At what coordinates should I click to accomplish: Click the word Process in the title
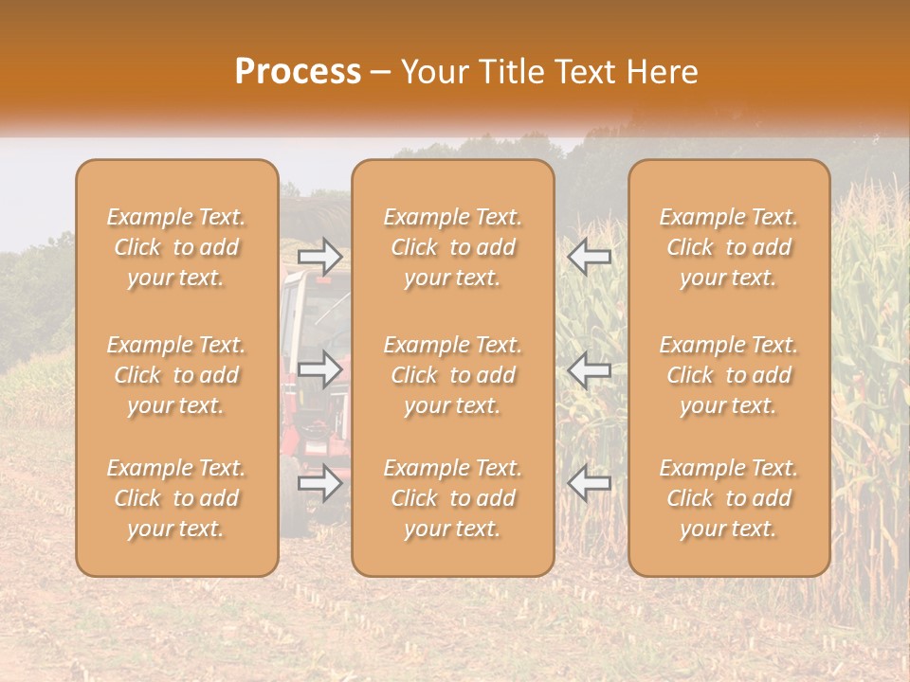click(x=298, y=72)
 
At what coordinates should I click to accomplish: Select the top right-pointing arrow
click(x=319, y=256)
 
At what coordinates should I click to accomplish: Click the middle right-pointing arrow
click(x=319, y=369)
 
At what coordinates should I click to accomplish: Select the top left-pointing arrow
click(x=590, y=256)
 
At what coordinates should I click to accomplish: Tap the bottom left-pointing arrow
click(x=590, y=483)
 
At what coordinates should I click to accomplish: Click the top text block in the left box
click(x=176, y=247)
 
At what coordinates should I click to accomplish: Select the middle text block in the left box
click(x=176, y=375)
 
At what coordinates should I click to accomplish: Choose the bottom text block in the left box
click(x=176, y=498)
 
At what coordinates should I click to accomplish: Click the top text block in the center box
click(x=452, y=247)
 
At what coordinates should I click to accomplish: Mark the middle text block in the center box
click(x=452, y=375)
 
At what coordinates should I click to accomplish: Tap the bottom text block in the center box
click(x=452, y=498)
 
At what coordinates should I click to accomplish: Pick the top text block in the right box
click(x=728, y=247)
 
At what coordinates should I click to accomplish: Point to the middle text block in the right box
click(x=728, y=375)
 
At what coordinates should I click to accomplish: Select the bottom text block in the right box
click(x=728, y=498)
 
